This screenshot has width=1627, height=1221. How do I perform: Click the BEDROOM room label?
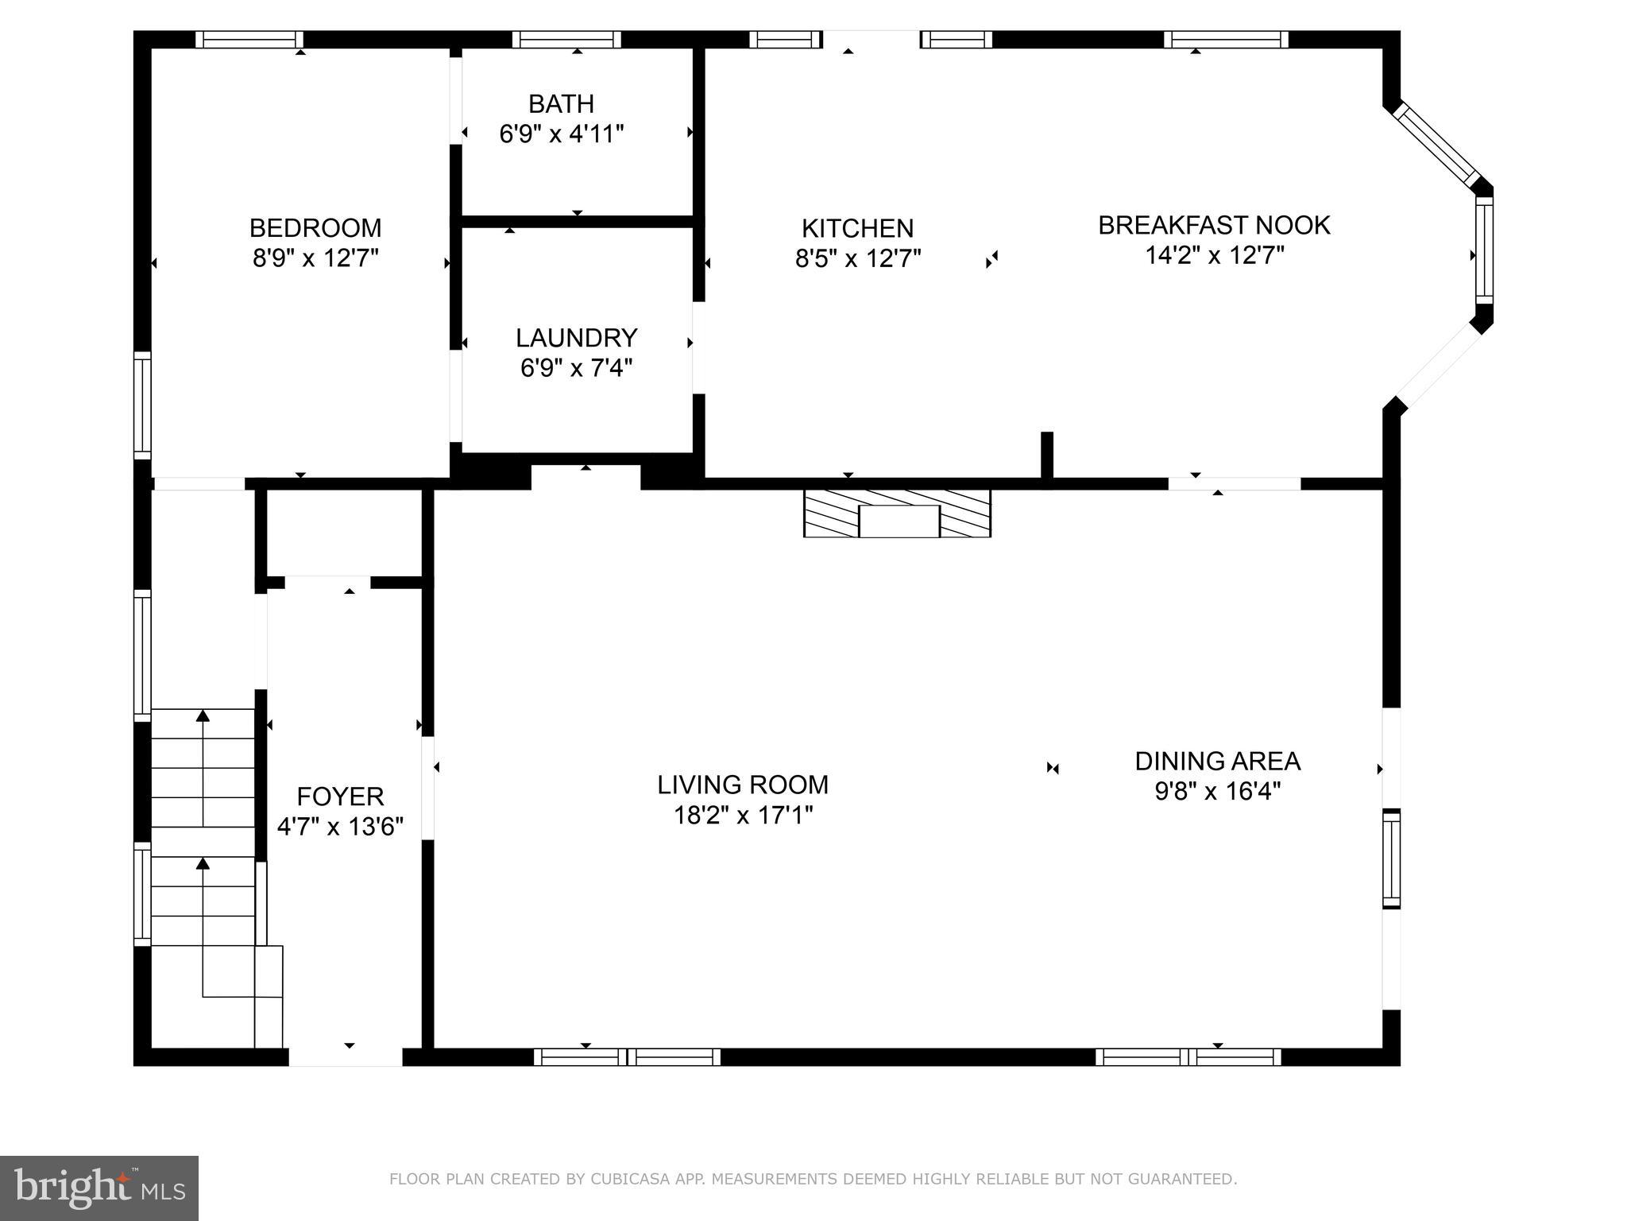[315, 228]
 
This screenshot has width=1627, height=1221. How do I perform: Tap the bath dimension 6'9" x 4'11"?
[561, 134]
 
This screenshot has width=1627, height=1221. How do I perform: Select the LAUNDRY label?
[576, 338]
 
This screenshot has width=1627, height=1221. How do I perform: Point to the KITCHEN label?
[857, 229]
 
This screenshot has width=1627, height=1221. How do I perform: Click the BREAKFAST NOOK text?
[1214, 225]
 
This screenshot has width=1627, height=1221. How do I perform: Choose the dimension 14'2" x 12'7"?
[1214, 255]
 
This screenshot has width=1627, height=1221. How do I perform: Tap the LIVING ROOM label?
[742, 785]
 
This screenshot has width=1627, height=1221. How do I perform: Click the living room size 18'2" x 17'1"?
[742, 815]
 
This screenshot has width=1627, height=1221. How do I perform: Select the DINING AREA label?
[1217, 761]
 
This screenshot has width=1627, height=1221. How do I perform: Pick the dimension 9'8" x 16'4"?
[1217, 791]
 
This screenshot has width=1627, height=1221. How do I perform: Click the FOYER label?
[340, 796]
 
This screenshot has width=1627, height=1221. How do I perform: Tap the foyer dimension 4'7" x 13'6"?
[340, 827]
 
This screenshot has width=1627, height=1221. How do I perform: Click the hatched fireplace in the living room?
[897, 514]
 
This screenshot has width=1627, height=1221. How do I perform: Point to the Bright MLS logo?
[99, 1188]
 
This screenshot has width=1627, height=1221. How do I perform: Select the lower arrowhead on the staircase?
[203, 863]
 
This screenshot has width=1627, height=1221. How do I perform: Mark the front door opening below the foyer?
[346, 1056]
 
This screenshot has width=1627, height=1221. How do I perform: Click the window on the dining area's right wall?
[1391, 859]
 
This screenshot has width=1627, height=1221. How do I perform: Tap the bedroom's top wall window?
[249, 40]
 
